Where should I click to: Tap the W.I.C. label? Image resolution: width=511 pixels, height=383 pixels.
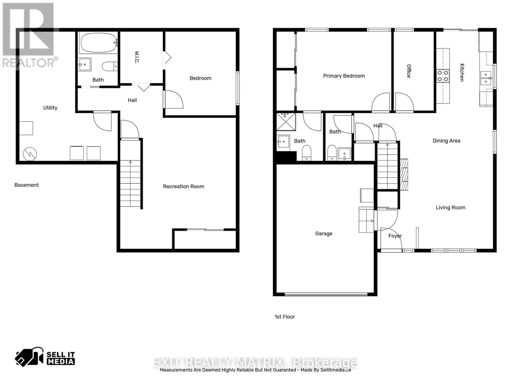137,57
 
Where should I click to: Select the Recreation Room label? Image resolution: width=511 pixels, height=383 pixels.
183,186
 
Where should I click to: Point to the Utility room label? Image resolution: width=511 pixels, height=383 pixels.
50,108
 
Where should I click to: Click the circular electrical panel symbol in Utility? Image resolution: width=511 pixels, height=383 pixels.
30,154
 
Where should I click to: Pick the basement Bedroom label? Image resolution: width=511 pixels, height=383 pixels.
200,78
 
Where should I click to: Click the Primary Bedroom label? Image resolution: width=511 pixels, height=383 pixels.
344,76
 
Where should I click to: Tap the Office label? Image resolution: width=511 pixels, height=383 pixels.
409,71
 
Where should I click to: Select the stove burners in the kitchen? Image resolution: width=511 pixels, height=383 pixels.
443,76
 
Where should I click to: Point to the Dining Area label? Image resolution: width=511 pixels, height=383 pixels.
446,141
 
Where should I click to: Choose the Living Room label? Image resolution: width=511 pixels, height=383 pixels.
450,207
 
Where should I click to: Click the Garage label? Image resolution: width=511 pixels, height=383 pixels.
324,234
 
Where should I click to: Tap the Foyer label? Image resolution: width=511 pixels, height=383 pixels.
395,236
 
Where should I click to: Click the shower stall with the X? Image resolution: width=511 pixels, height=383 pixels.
286,121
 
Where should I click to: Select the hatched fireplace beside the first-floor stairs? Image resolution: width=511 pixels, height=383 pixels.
404,175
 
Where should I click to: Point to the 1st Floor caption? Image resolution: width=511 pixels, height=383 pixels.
285,317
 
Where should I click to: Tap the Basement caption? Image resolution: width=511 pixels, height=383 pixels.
27,185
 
